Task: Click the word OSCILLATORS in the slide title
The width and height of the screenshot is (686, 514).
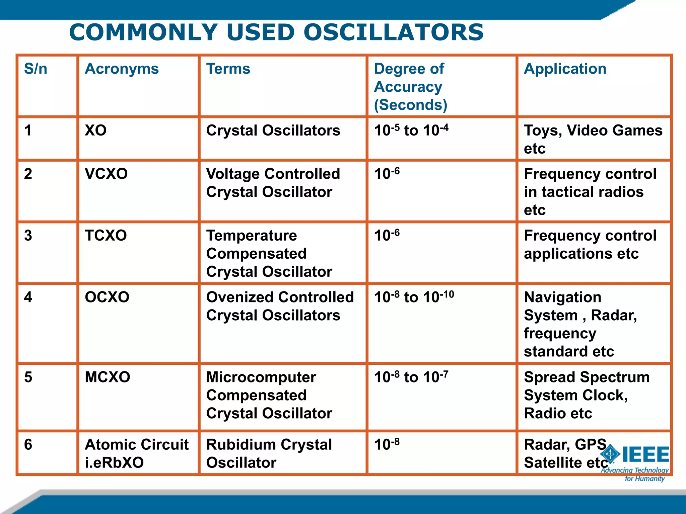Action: pyautogui.click(x=393, y=32)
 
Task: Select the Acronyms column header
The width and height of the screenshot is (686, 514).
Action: pyautogui.click(x=122, y=69)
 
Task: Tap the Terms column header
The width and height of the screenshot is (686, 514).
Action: pyautogui.click(x=228, y=69)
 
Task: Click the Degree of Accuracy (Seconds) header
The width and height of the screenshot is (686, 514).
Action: pyautogui.click(x=410, y=87)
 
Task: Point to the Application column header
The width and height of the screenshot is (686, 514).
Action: pyautogui.click(x=565, y=69)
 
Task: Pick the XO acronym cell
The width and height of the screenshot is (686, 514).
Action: pyautogui.click(x=96, y=131)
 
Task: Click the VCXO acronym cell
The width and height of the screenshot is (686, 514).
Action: pyautogui.click(x=106, y=174)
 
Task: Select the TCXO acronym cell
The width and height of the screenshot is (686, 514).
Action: pyautogui.click(x=106, y=236)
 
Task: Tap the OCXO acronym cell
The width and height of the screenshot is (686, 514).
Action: pyautogui.click(x=107, y=297)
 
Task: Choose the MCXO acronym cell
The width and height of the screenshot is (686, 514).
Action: pyautogui.click(x=108, y=377)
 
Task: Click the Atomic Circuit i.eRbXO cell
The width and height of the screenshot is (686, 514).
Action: pyautogui.click(x=137, y=453)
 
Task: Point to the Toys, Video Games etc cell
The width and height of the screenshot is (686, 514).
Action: pyautogui.click(x=593, y=139)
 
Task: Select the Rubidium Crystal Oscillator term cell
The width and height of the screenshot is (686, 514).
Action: pyautogui.click(x=269, y=453)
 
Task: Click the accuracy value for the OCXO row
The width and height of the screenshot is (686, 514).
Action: pyautogui.click(x=414, y=297)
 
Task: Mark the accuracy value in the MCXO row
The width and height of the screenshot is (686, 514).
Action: pyautogui.click(x=411, y=377)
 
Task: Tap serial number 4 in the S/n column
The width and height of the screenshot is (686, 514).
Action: pyautogui.click(x=28, y=297)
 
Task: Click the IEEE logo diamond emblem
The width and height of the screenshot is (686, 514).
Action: pyautogui.click(x=610, y=454)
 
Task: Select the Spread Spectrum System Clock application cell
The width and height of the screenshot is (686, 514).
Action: pyautogui.click(x=586, y=395)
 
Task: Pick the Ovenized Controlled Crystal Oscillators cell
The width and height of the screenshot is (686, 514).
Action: pyautogui.click(x=280, y=306)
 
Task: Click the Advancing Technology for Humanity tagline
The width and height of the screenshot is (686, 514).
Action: pyautogui.click(x=635, y=474)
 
